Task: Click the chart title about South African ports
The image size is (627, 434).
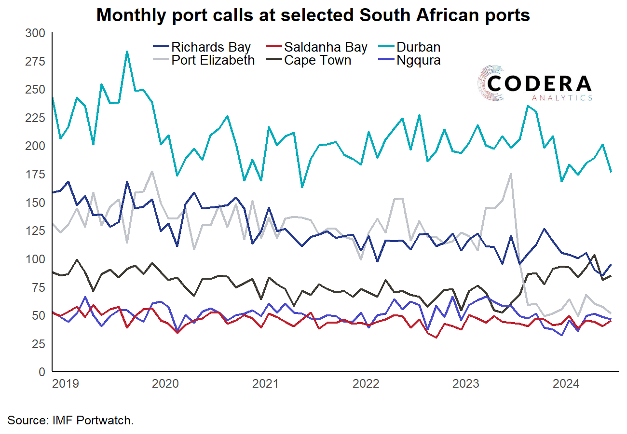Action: [313, 15]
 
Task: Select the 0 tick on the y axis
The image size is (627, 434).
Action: [41, 372]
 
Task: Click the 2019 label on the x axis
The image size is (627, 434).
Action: [65, 384]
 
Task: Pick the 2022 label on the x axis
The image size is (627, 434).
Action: [366, 384]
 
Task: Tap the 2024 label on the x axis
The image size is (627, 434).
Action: [567, 384]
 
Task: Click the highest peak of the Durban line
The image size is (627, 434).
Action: [127, 52]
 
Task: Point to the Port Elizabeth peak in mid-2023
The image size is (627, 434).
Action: [511, 174]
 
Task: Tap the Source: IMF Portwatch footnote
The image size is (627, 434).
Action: [70, 420]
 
